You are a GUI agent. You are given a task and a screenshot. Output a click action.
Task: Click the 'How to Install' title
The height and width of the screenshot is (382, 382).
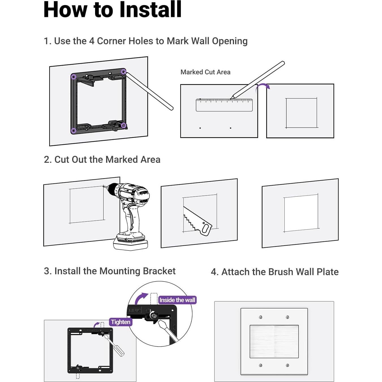(112, 10)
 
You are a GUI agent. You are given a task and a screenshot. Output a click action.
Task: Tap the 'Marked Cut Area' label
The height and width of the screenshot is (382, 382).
(205, 72)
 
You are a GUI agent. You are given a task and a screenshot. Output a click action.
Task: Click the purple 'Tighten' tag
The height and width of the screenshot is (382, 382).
(121, 322)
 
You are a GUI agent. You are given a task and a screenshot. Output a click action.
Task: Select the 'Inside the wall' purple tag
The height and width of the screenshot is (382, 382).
(177, 300)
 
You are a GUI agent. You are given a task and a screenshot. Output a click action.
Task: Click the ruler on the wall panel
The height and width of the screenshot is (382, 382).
(224, 105)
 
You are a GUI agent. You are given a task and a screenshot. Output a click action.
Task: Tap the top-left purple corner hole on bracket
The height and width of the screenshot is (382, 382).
(74, 77)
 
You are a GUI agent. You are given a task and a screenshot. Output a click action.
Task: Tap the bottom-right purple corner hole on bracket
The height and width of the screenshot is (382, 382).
(123, 125)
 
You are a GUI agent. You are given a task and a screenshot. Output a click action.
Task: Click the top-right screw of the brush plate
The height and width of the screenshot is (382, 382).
(287, 317)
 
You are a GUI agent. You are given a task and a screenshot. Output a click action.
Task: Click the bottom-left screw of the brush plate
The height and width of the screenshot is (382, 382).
(261, 365)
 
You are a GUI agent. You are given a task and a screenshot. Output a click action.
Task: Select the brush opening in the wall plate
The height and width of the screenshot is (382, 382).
(274, 342)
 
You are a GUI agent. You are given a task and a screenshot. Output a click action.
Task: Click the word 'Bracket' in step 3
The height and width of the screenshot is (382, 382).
(159, 271)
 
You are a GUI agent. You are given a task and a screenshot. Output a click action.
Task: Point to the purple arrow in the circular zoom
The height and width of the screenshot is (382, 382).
(141, 298)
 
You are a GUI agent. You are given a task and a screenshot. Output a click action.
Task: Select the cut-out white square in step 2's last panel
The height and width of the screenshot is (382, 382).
(301, 213)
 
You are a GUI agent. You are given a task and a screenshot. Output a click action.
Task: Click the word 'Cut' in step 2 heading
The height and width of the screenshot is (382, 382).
(61, 160)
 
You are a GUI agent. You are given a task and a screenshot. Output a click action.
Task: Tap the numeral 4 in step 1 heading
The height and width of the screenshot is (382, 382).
(92, 41)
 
